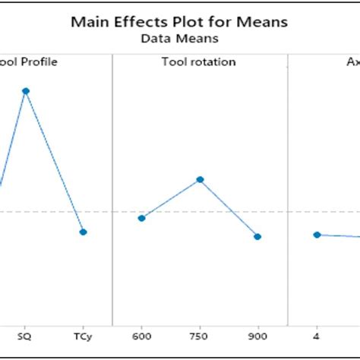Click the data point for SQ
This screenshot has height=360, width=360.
[25, 90]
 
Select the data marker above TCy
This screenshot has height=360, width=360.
[84, 232]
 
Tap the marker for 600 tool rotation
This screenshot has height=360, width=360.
[141, 218]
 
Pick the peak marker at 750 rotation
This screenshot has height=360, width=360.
[200, 179]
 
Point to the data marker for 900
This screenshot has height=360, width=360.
[258, 236]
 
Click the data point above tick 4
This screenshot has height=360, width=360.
[317, 235]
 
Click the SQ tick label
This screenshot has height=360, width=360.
[25, 335]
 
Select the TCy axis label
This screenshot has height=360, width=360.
[84, 335]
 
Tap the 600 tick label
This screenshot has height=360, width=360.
[141, 335]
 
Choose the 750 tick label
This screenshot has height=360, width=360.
[200, 335]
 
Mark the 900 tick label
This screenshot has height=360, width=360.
[258, 335]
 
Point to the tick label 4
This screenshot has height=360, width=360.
[317, 335]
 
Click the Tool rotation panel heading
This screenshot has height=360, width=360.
[200, 62]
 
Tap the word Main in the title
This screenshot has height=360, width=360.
[88, 22]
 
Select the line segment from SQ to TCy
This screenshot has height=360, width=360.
[55, 162]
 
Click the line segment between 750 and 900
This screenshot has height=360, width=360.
[229, 208]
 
